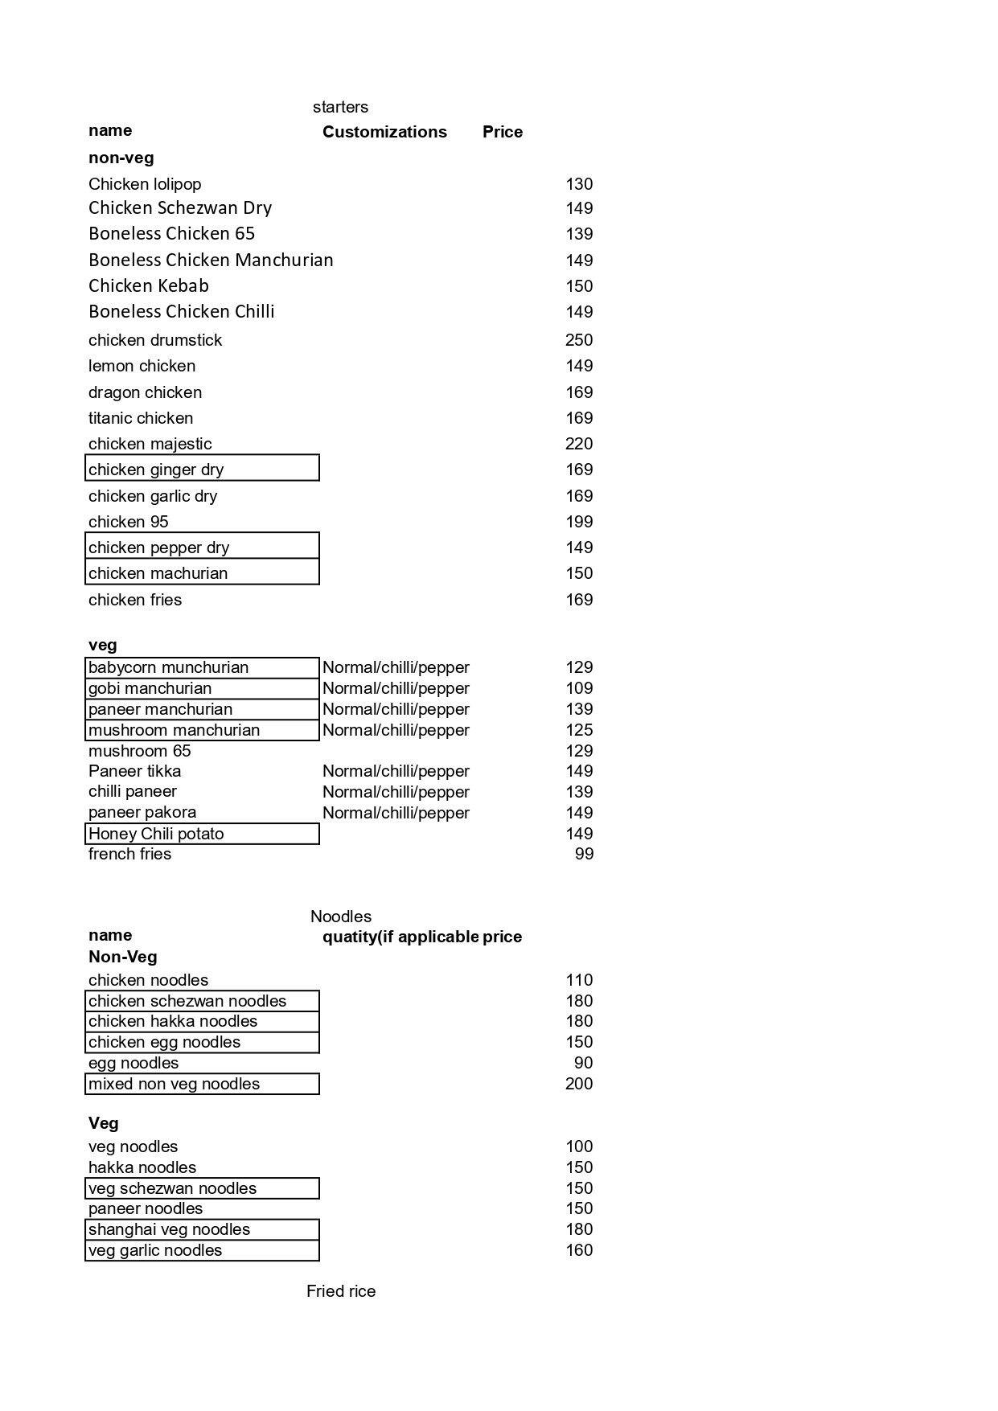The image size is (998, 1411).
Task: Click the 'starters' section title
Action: [340, 107]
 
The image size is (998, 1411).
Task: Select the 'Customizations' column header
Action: [384, 132]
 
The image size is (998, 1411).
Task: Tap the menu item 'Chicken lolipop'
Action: [145, 184]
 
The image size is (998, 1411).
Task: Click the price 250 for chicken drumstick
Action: [579, 340]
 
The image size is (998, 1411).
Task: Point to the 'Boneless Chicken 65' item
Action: [171, 234]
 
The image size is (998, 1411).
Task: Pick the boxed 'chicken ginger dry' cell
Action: [202, 469]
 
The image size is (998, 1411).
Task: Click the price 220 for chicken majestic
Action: [579, 444]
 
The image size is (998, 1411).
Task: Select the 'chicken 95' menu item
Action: [129, 522]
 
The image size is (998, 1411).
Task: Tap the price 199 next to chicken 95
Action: [579, 522]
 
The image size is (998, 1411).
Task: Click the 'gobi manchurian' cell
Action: [202, 688]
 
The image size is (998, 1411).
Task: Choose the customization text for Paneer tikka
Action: [396, 771]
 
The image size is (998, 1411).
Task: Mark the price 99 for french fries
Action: [584, 854]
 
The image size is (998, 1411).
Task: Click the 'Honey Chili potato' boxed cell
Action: [202, 834]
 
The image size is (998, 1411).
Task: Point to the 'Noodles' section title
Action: [341, 917]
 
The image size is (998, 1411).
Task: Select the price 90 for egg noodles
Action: [583, 1063]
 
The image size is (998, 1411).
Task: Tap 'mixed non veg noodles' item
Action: [202, 1084]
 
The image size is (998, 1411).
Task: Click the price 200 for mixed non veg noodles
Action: [579, 1084]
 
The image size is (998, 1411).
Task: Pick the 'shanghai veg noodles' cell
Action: [202, 1229]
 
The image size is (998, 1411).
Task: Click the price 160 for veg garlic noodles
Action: [579, 1250]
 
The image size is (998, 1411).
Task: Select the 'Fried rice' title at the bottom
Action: [341, 1291]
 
